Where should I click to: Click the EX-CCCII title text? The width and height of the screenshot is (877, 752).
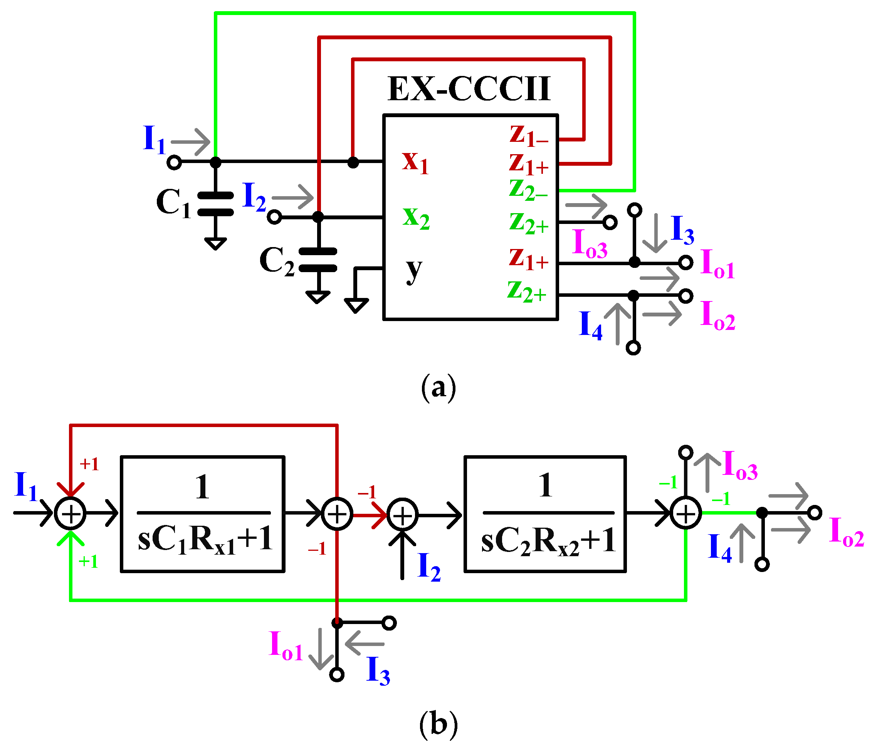click(469, 89)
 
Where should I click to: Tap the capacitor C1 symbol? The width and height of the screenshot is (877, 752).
click(215, 204)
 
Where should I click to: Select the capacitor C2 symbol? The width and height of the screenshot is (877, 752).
click(318, 259)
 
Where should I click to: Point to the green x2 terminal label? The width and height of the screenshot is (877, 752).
click(416, 218)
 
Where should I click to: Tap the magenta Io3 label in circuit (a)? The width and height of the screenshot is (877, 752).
click(590, 244)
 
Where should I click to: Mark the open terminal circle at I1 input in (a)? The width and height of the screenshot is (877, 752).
click(174, 163)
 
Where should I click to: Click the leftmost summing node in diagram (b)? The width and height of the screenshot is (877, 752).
click(70, 514)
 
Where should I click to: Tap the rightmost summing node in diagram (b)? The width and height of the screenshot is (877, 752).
click(685, 514)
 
